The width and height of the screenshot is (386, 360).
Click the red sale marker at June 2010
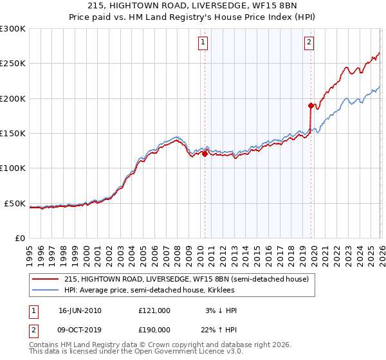click(205, 154)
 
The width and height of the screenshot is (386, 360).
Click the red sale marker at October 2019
click(311, 105)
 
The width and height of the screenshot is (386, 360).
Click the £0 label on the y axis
click(19, 239)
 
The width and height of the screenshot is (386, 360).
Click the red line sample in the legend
click(45, 279)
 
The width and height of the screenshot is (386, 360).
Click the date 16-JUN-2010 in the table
click(80, 310)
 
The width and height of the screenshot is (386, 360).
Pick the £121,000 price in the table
click(154, 310)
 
